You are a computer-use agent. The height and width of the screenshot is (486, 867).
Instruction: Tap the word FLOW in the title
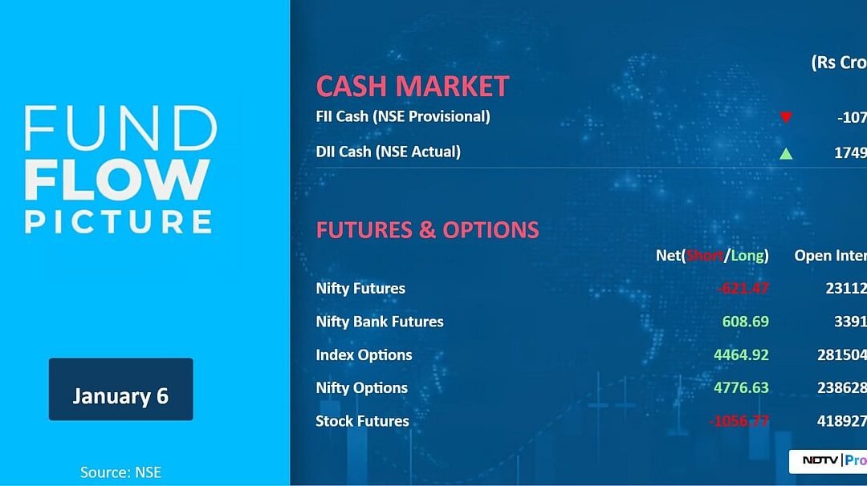point(117,180)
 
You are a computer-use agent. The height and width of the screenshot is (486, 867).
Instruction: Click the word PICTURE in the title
point(118,221)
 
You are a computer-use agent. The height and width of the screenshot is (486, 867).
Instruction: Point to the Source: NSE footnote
point(120,472)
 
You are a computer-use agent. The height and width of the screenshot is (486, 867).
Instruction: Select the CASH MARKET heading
point(413,87)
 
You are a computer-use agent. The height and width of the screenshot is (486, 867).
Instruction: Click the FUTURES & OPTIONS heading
point(427,230)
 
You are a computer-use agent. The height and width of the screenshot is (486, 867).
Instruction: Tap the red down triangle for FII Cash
point(786,117)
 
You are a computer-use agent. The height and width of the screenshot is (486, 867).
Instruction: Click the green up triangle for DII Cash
point(786,152)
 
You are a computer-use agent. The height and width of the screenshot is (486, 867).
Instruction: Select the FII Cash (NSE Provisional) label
point(403,116)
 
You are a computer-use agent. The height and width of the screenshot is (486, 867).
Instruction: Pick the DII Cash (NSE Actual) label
point(389,152)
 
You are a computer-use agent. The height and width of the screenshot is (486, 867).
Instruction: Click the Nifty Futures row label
point(360,289)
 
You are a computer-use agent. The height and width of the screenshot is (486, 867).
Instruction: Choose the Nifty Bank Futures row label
point(380,322)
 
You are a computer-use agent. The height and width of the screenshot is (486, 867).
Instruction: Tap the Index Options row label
point(364,354)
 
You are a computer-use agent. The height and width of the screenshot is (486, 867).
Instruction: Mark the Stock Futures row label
point(362,421)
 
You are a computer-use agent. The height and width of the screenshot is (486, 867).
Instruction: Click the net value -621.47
point(743,289)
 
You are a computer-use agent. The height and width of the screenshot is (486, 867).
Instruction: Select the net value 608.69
point(746,322)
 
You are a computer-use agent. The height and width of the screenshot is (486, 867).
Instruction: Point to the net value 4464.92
point(741,354)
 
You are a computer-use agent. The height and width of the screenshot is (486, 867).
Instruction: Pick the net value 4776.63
point(741,387)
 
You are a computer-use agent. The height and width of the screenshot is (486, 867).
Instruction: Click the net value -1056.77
point(739,421)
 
